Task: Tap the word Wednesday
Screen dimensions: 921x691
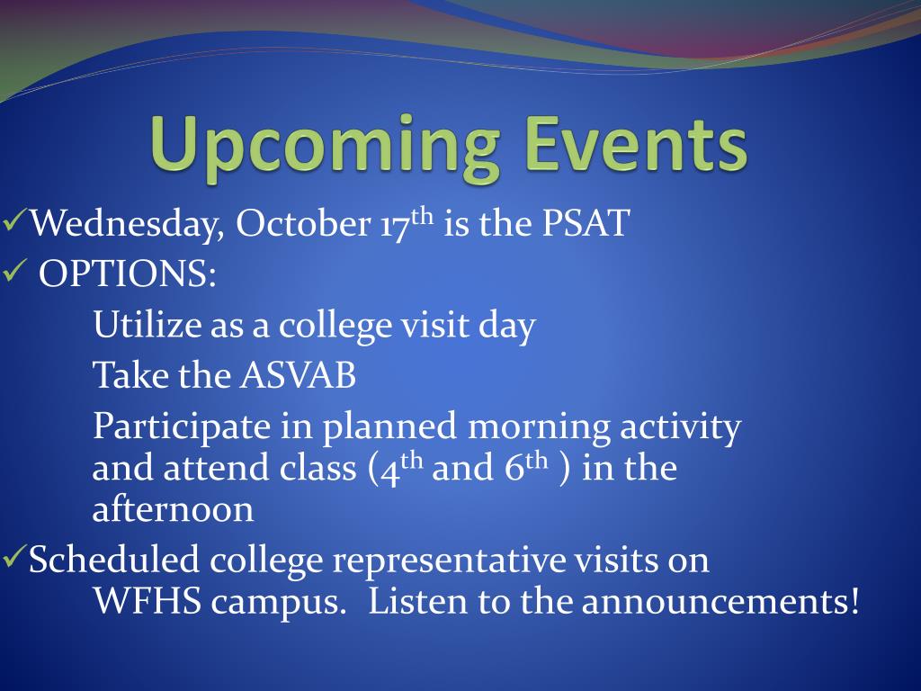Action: (x=127, y=224)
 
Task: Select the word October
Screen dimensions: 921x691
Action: (x=303, y=223)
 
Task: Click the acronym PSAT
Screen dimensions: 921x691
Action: (x=585, y=223)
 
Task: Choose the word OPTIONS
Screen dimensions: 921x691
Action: (x=127, y=274)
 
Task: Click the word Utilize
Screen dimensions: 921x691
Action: (x=147, y=324)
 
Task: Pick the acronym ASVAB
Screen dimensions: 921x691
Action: (x=298, y=375)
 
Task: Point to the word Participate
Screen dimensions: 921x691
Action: (x=181, y=427)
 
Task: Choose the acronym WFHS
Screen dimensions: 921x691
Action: (x=147, y=601)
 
